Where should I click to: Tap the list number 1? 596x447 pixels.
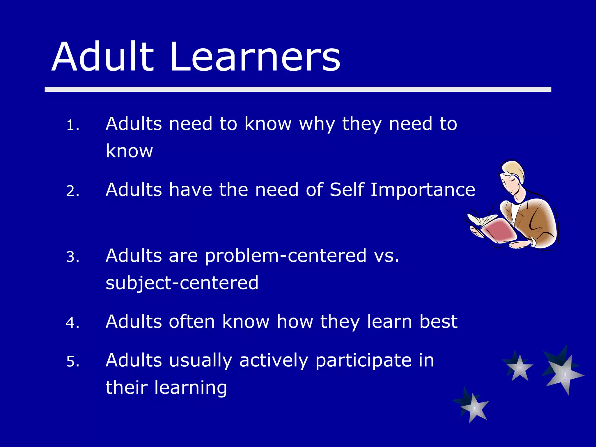(72, 125)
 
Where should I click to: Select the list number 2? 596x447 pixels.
(72, 191)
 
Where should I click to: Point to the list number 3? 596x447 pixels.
(72, 257)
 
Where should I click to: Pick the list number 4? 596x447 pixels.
(72, 323)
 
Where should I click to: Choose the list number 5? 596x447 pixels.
(72, 362)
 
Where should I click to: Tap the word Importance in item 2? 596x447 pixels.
(423, 190)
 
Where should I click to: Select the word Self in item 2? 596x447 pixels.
(347, 190)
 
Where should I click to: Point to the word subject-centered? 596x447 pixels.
(182, 283)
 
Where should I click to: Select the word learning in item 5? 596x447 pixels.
(190, 388)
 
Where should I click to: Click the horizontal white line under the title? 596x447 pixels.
(298, 89)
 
